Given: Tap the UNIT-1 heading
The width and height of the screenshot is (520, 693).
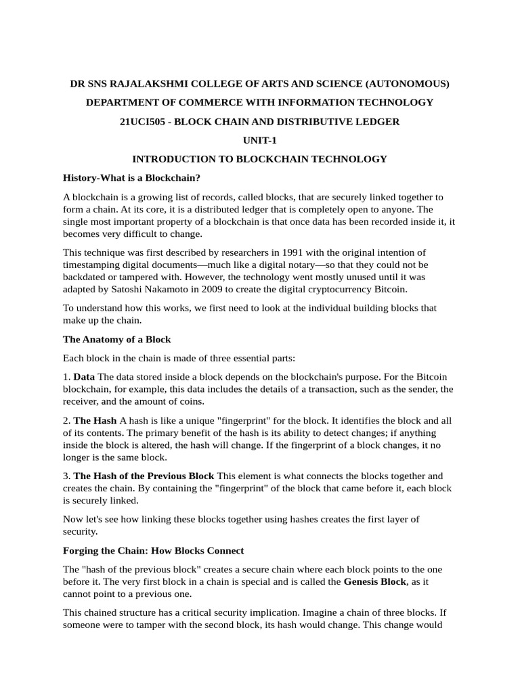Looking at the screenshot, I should click(x=260, y=140).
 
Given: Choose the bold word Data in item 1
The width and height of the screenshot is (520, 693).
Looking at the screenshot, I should click(x=84, y=376).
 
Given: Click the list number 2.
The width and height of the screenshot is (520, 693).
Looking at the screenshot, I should click(x=66, y=420).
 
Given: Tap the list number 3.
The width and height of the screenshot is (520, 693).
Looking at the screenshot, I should click(x=66, y=476).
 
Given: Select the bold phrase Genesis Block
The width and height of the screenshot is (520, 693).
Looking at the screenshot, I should click(x=375, y=581).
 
